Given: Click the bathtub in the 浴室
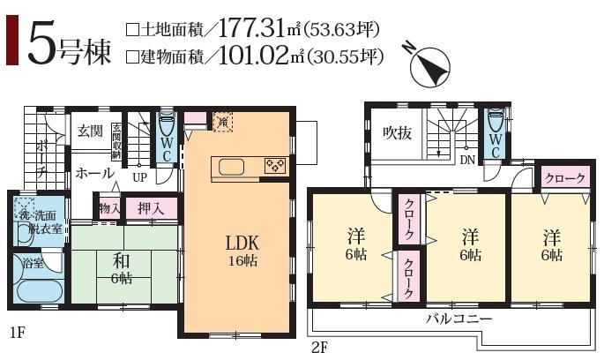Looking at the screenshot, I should click(x=34, y=293).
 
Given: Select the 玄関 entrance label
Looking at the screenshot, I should click(x=89, y=131).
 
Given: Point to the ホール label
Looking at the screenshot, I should click(x=94, y=172).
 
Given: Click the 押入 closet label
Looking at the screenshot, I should click(x=150, y=208).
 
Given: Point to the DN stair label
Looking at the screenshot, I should click(x=467, y=160).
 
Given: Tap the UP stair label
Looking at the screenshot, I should click(x=139, y=176).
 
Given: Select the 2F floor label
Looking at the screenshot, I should click(x=319, y=347).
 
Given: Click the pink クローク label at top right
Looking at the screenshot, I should click(x=564, y=178).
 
